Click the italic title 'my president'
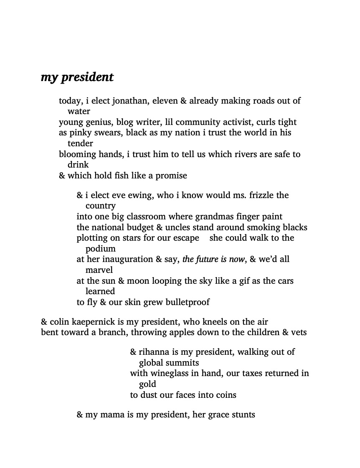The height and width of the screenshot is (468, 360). [x=77, y=78]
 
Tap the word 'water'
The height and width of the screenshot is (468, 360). [x=79, y=112]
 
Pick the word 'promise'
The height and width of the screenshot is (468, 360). [x=171, y=176]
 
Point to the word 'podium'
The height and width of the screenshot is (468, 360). [x=101, y=249]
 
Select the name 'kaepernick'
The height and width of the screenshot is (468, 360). [x=95, y=322]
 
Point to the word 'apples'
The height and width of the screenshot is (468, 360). [x=208, y=333]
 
